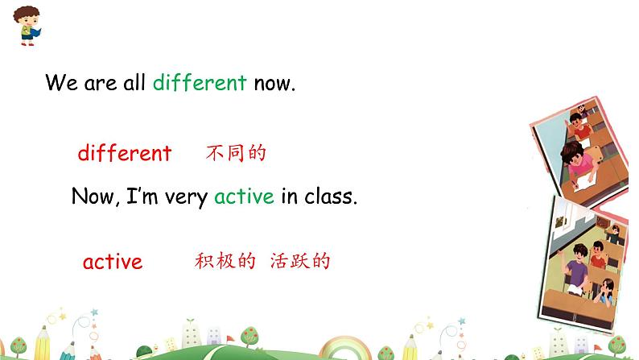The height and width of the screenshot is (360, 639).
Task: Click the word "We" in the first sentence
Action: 60,83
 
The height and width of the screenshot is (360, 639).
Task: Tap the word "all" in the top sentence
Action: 134,83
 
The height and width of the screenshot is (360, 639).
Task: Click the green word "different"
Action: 199,83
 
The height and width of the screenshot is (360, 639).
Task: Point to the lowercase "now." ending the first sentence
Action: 274,83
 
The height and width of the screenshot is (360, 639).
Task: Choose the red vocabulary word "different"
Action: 125,153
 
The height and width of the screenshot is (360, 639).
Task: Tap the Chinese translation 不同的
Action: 235,153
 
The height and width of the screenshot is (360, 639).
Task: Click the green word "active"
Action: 244,197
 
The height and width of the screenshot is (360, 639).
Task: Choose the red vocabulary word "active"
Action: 113,262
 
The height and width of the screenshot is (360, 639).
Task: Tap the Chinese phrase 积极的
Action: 225,261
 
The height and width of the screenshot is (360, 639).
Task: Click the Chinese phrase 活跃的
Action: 300,261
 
